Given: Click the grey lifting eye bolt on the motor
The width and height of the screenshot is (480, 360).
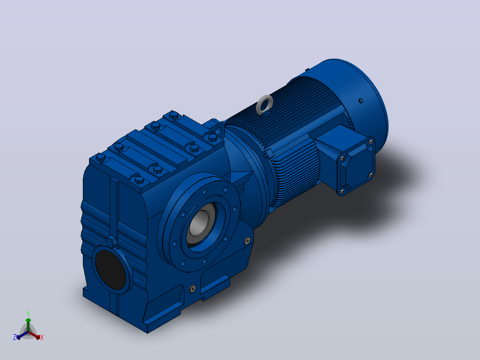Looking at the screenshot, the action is coord(265,104).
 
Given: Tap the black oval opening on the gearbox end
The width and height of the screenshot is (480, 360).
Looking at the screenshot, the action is coord(110,270).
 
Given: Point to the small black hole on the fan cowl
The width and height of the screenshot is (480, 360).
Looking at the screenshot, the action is coord(361,101).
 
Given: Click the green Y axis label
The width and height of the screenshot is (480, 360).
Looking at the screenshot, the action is coord(28,314).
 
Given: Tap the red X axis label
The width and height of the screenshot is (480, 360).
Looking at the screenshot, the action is coord(42,337).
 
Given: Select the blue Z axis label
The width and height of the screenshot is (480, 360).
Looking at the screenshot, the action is coord(14,337).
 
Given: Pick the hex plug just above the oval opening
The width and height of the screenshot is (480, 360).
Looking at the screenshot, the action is coord(112,241).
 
